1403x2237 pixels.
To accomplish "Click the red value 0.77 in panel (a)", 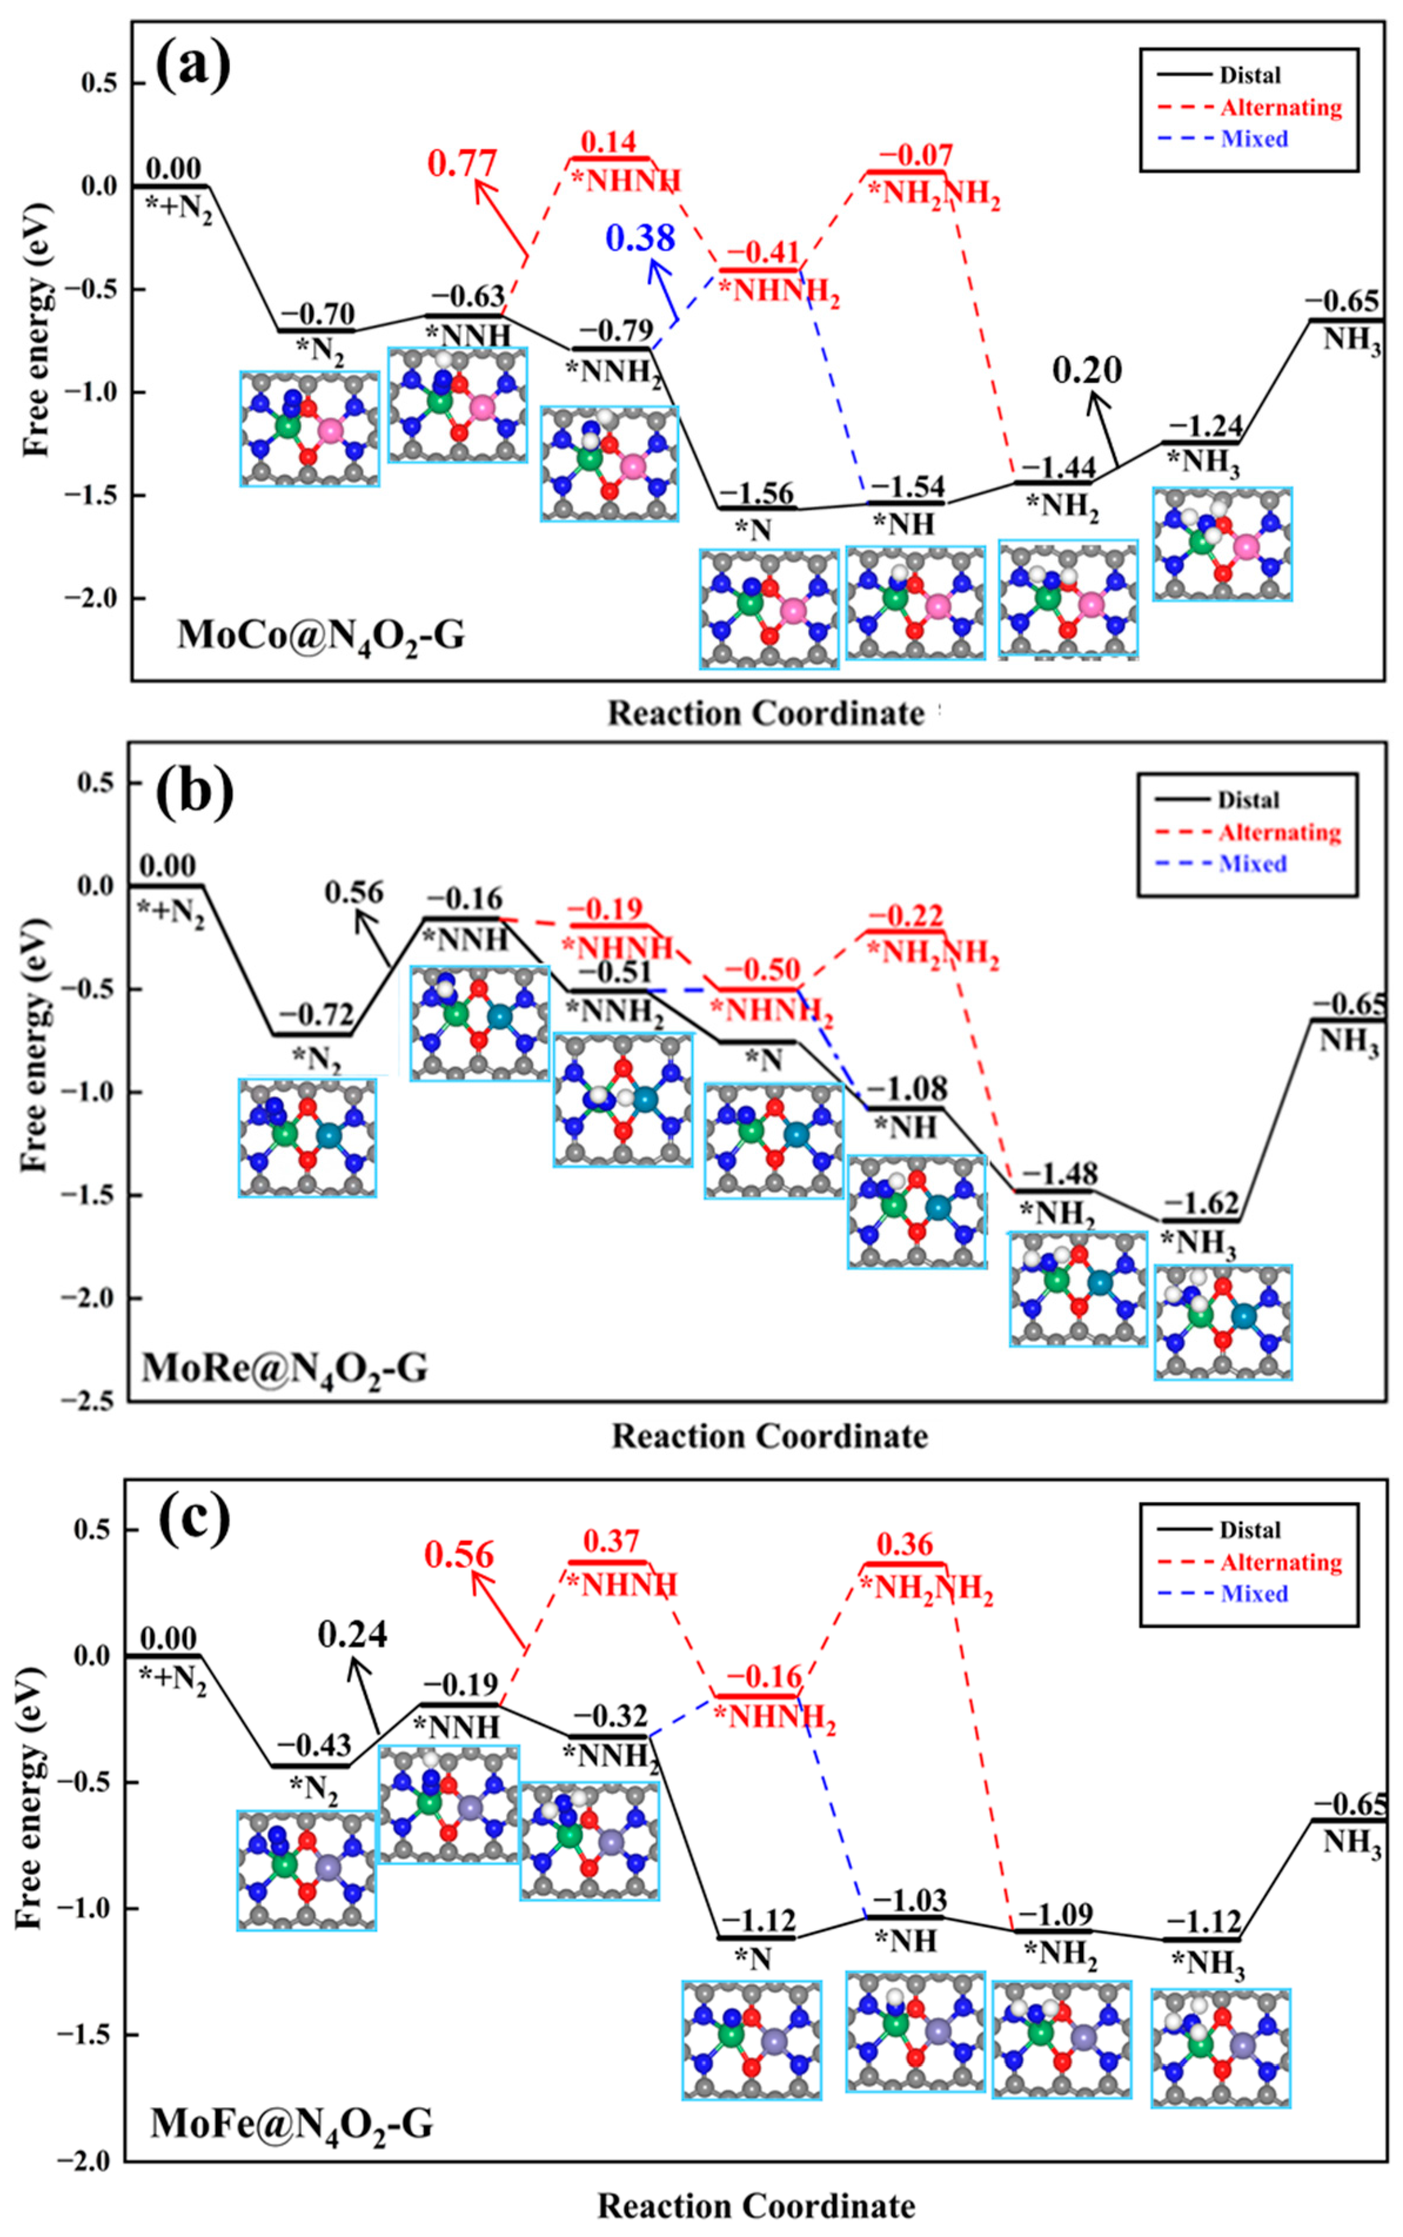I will point(461,163).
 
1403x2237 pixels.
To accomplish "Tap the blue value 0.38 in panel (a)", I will point(639,239).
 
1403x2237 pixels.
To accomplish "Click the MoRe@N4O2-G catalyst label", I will point(285,1368).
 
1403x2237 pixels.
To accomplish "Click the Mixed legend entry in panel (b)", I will point(1252,864).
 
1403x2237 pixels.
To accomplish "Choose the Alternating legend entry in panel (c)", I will point(1281,1562).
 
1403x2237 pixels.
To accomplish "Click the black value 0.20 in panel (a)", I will point(1087,371).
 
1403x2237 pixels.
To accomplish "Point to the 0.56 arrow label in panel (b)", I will point(353,893).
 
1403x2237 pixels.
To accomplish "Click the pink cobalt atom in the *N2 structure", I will point(330,430).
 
